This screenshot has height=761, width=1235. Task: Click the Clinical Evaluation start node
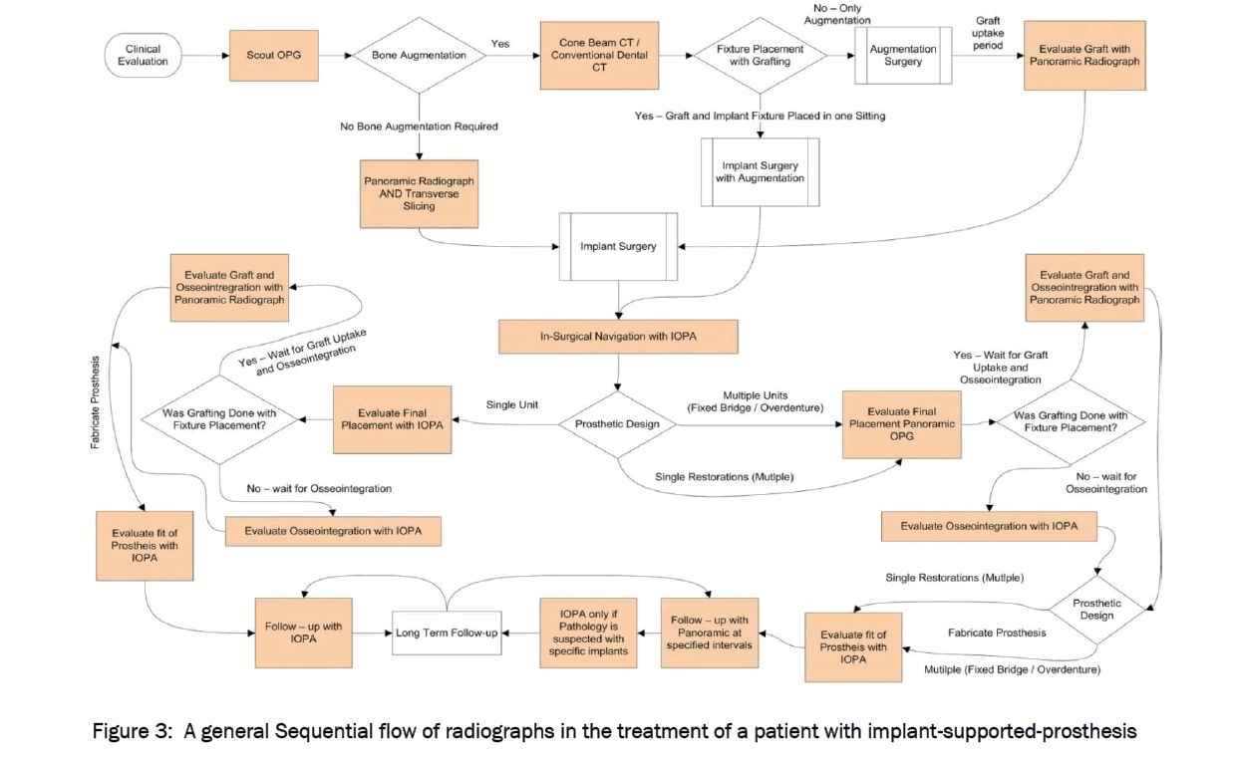(143, 56)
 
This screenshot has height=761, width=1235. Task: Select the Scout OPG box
(274, 56)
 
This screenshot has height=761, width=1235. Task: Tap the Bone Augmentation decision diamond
(419, 56)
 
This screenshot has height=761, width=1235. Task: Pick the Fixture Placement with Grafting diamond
(760, 56)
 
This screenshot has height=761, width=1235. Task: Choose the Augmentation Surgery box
(903, 56)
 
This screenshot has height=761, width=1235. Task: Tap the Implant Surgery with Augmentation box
(760, 172)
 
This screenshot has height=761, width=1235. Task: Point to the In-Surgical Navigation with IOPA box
(618, 337)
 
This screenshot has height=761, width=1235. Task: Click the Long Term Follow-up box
(447, 633)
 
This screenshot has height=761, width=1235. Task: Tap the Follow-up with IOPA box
(303, 633)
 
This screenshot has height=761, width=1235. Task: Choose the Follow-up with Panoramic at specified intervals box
(709, 633)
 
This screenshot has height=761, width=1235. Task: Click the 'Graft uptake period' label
(987, 33)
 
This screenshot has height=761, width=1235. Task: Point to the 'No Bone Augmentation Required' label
(419, 127)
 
